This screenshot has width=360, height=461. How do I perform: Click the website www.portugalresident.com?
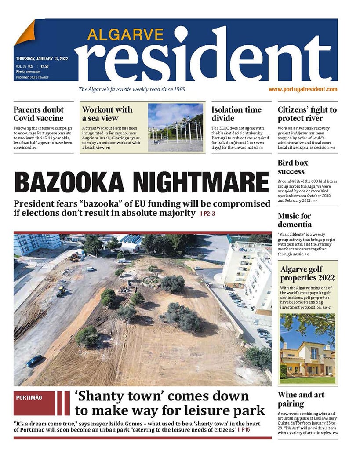(x=303, y=89)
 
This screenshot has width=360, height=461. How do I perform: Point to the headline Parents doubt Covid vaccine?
(x=39, y=114)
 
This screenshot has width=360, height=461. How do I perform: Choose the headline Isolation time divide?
(x=236, y=114)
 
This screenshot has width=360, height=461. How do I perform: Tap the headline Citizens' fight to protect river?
(x=307, y=114)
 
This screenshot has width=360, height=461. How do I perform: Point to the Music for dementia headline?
(x=295, y=220)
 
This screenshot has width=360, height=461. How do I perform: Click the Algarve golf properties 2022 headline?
(x=307, y=273)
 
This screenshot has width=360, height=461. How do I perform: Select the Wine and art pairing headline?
(x=301, y=399)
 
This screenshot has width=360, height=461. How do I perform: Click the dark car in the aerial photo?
(x=35, y=360)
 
